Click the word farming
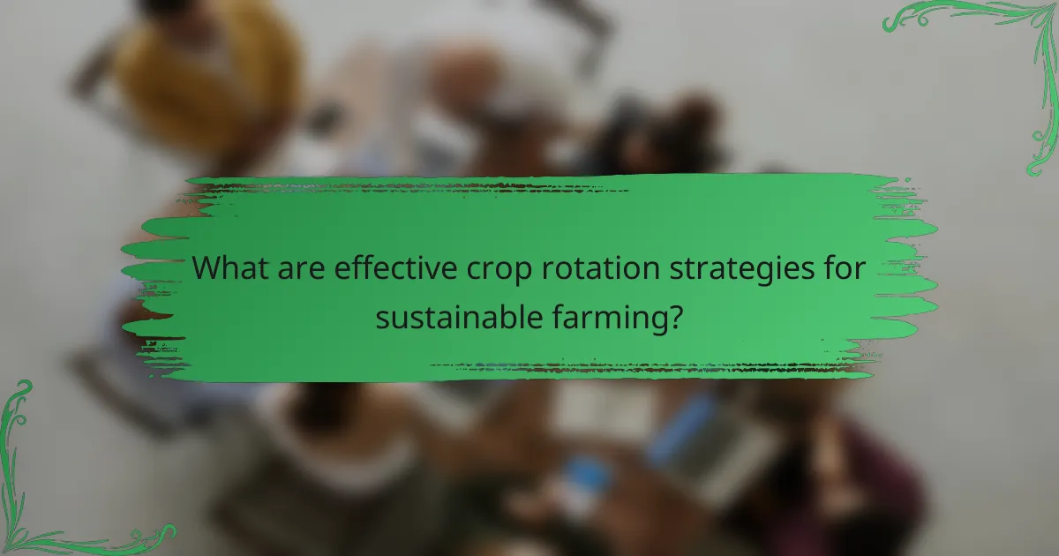tap(612, 318)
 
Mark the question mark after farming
tap(675, 315)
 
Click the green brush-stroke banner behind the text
tap(529, 212)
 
